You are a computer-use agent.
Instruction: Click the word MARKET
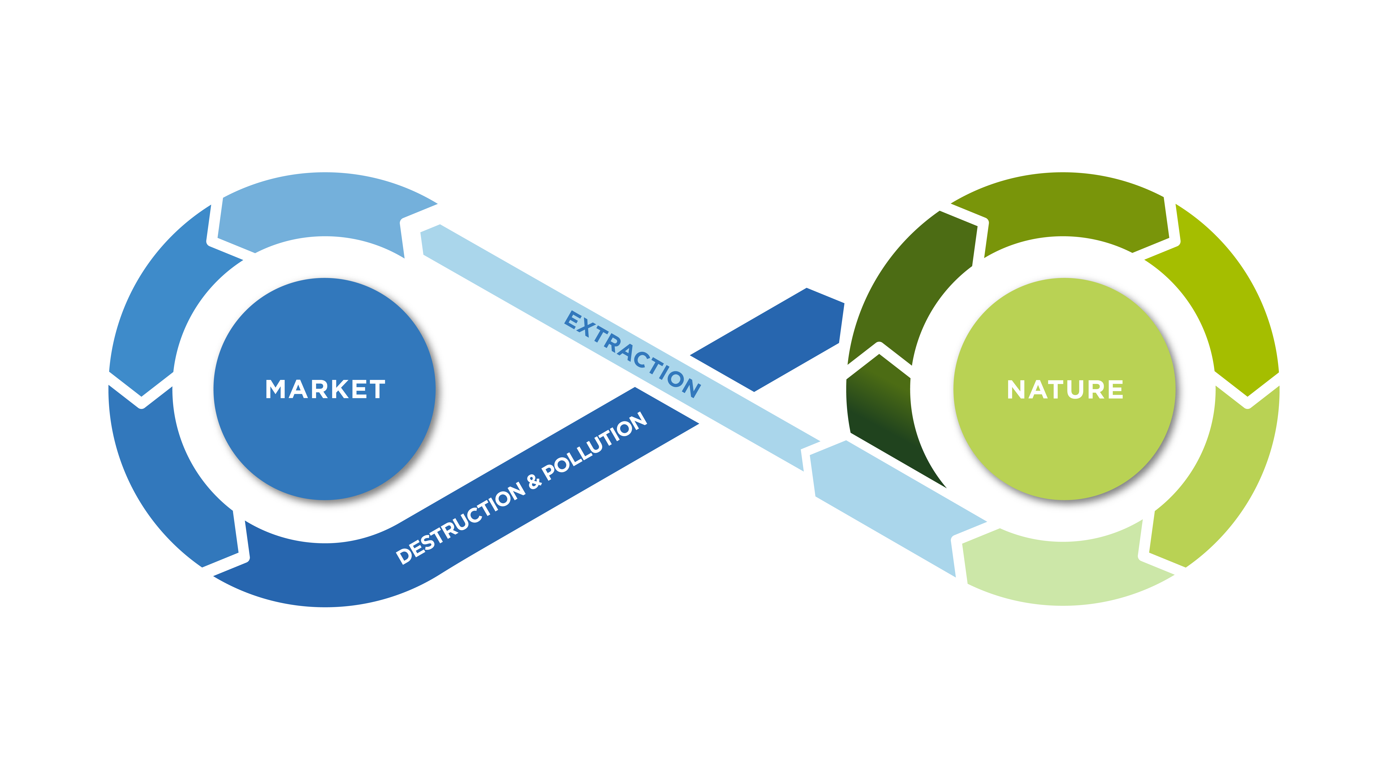(325, 389)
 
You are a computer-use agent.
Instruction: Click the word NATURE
(1065, 389)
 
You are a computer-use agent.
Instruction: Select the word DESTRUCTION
(461, 522)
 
